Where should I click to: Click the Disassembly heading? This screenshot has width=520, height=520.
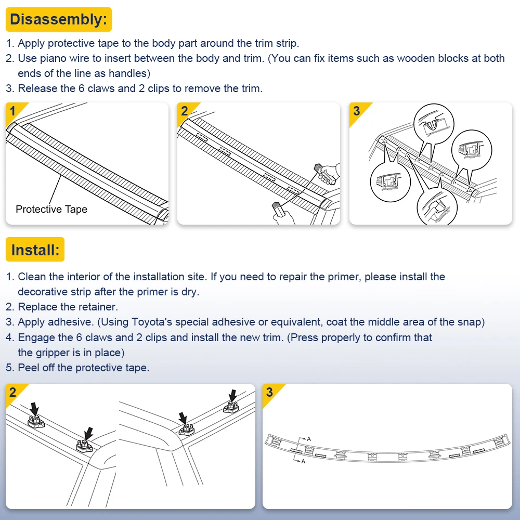[x=58, y=20]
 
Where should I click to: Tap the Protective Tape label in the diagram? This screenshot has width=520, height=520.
[x=51, y=210]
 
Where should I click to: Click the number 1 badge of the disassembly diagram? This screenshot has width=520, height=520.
[x=12, y=110]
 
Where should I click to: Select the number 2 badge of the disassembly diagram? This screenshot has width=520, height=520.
[x=184, y=110]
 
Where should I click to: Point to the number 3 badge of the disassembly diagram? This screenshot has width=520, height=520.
[x=356, y=110]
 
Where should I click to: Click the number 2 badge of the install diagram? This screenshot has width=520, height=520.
[x=12, y=392]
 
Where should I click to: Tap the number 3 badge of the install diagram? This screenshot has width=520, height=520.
[x=269, y=392]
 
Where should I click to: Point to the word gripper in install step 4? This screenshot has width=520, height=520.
[x=52, y=353]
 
